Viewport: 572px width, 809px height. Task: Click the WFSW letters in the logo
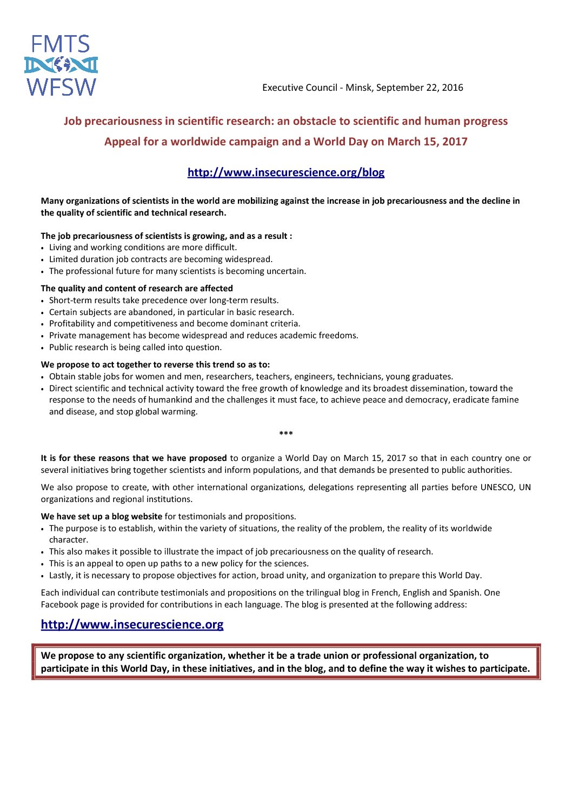click(x=61, y=86)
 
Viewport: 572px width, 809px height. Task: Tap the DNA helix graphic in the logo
click(x=61, y=65)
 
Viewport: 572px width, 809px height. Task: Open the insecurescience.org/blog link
click(x=286, y=172)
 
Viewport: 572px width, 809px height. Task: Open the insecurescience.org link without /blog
click(x=132, y=624)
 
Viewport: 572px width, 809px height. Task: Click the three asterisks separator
click(x=286, y=434)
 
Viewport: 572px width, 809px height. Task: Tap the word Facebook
click(x=61, y=604)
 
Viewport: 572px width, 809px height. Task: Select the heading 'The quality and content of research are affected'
click(x=137, y=289)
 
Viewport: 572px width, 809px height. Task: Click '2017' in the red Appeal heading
click(x=455, y=142)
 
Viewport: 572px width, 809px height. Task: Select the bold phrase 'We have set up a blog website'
click(x=102, y=517)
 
